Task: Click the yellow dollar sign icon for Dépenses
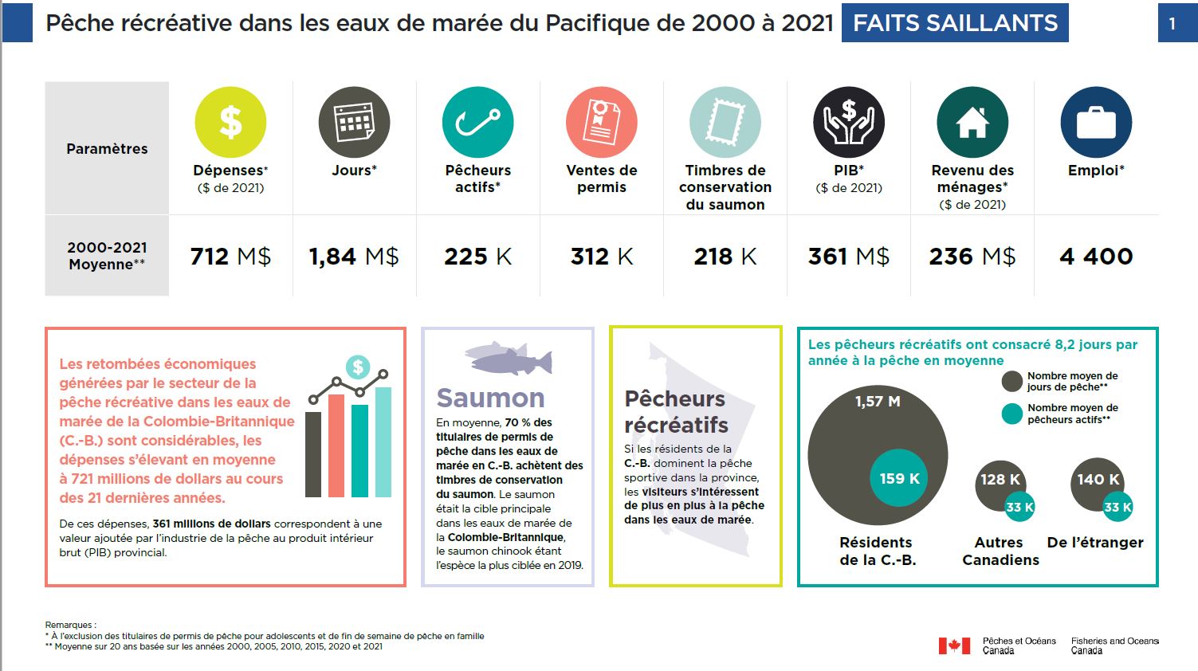(230, 122)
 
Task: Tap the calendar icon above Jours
(354, 122)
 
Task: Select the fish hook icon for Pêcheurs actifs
(477, 122)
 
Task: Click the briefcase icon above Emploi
(1096, 122)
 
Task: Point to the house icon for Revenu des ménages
(972, 122)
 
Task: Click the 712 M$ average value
(230, 257)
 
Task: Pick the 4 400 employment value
(1096, 257)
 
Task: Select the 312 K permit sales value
(602, 257)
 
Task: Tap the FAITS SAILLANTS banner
(955, 23)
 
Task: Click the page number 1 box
(1172, 23)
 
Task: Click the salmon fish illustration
(509, 359)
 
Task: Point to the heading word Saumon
(490, 398)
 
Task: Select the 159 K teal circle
(899, 478)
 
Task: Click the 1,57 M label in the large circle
(878, 402)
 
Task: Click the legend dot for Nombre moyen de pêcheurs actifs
(1011, 414)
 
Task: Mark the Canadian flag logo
(954, 645)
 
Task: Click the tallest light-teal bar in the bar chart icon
(383, 442)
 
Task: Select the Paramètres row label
(107, 149)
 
